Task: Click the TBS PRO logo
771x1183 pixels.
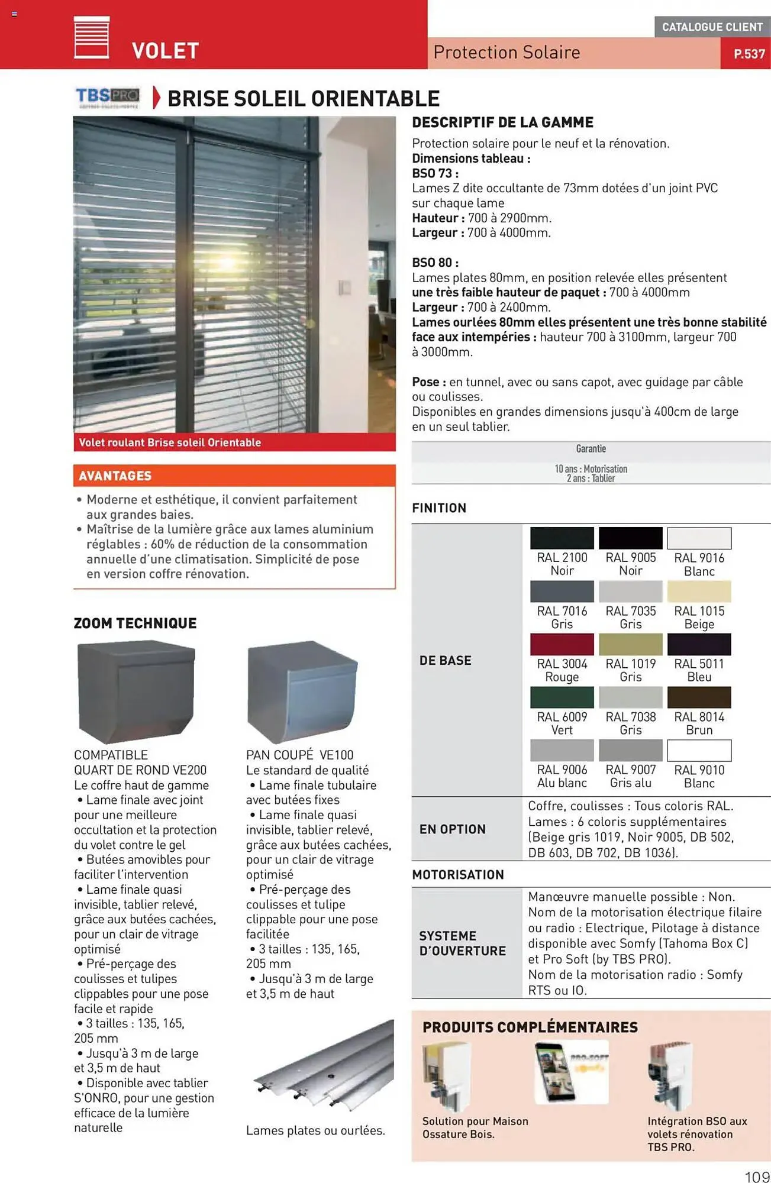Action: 108,96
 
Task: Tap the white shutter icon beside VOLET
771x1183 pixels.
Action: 91,37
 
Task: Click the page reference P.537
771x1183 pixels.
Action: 749,54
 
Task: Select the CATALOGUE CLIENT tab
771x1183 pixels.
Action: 712,27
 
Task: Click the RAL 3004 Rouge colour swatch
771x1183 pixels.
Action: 562,644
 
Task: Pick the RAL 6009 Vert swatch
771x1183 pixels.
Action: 562,697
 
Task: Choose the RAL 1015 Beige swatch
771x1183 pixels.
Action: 699,591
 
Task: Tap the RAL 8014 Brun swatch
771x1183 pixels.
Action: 699,697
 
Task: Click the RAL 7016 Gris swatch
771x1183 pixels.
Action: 562,591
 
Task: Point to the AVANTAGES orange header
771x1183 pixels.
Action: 234,476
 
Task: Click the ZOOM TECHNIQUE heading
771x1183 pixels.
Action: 135,623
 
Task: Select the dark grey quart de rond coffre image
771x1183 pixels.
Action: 136,693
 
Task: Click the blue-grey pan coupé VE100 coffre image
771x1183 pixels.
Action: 302,691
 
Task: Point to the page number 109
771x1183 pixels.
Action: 756,1176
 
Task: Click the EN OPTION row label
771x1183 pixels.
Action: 452,829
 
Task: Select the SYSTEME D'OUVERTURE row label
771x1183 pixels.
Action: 462,943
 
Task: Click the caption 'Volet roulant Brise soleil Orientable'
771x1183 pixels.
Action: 170,442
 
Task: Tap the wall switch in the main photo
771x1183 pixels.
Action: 344,288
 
